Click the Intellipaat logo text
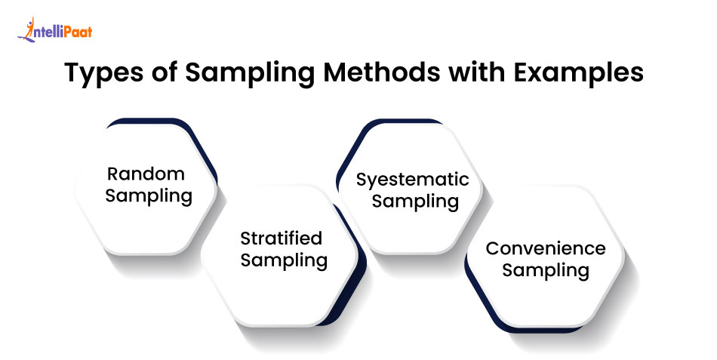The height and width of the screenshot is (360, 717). pos(63,32)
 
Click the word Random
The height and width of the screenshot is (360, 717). pos(146,174)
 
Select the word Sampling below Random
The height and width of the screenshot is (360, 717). pos(149,197)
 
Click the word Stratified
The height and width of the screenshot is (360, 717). pos(281,238)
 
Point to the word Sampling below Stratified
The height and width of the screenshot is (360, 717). pos(284,261)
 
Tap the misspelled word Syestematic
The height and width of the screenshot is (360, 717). pos(412,180)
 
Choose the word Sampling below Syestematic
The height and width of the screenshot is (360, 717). pos(415,202)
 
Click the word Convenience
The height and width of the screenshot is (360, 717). pos(545,248)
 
